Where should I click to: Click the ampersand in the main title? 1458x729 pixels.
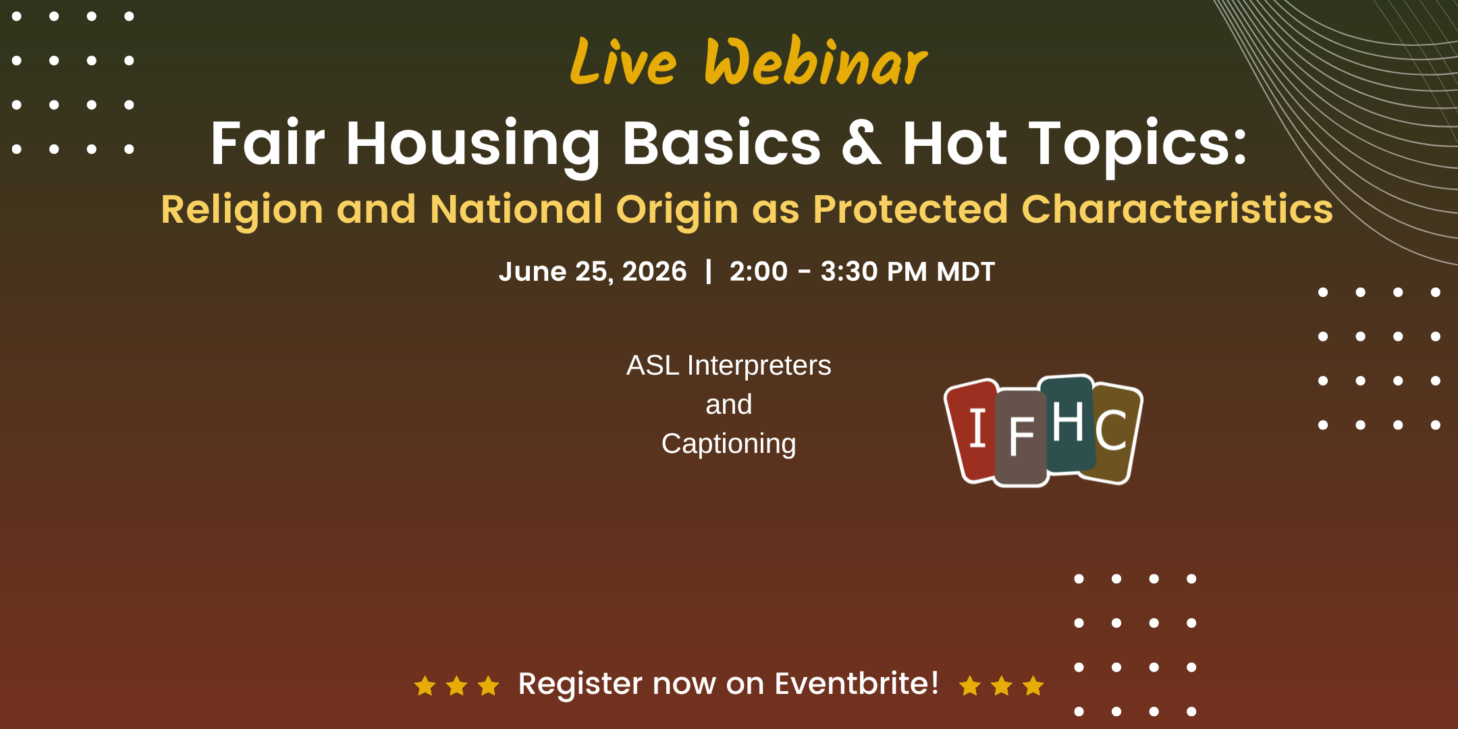pos(861,142)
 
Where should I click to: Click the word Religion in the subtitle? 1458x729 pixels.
pos(242,209)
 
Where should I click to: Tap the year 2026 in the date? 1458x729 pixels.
pos(654,271)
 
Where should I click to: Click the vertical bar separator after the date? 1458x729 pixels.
pos(708,271)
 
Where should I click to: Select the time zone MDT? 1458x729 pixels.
pos(966,271)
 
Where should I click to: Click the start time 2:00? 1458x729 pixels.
pos(759,271)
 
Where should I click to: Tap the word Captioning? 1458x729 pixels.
pos(729,444)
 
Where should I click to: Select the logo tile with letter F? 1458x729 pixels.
pos(1021,437)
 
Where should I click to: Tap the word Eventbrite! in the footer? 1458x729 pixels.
pos(857,683)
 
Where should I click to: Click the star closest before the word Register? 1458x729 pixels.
pos(488,686)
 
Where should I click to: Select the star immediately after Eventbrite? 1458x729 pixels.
pos(970,686)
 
